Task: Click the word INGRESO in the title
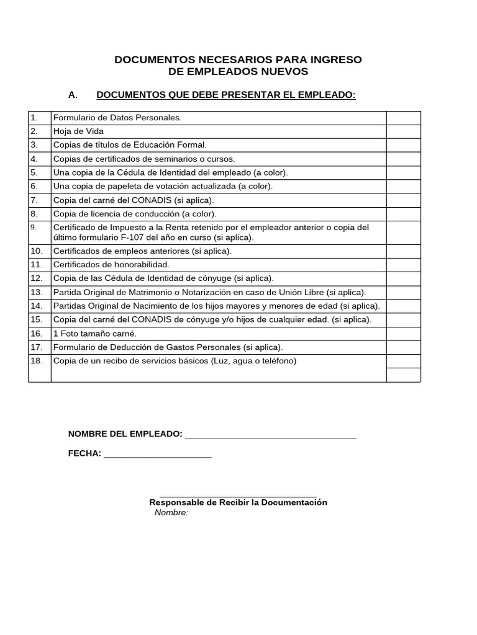[x=339, y=60]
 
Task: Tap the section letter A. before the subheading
[x=73, y=95]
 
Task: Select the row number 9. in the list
[x=34, y=227]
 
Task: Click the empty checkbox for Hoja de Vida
[x=403, y=131]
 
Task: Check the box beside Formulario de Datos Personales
[x=403, y=118]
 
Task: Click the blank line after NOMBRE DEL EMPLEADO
[x=271, y=434]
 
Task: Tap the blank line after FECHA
[x=158, y=454]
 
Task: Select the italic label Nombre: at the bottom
[x=171, y=513]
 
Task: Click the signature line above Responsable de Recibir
[x=238, y=495]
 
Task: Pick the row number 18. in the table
[x=37, y=361]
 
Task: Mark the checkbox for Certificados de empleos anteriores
[x=403, y=251]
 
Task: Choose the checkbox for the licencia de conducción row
[x=403, y=213]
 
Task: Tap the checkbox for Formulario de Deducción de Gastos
[x=403, y=347]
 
